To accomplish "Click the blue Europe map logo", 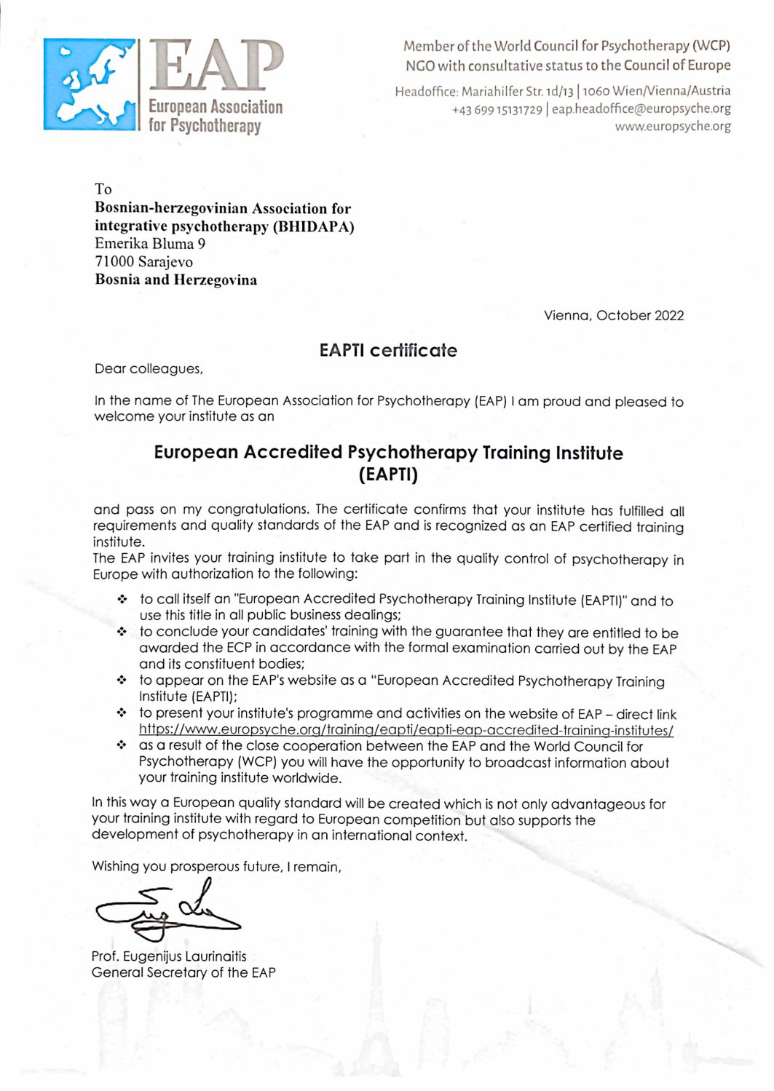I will (90, 84).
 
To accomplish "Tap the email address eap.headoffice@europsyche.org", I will (641, 109).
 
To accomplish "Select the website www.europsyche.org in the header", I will (673, 127).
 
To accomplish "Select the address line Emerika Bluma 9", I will (150, 244).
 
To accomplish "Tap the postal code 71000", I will (114, 262).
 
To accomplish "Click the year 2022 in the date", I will (668, 315).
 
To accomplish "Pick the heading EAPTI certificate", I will (388, 351).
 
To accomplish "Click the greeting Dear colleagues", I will (149, 369).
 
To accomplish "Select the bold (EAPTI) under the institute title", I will (388, 475).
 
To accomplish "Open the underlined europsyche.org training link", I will (406, 730).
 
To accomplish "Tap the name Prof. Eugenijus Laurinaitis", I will (169, 956).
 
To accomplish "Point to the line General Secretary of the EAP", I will (183, 972).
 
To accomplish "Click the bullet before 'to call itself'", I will (122, 600).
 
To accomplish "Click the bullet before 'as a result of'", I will (122, 746).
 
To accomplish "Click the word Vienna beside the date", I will (566, 315).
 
